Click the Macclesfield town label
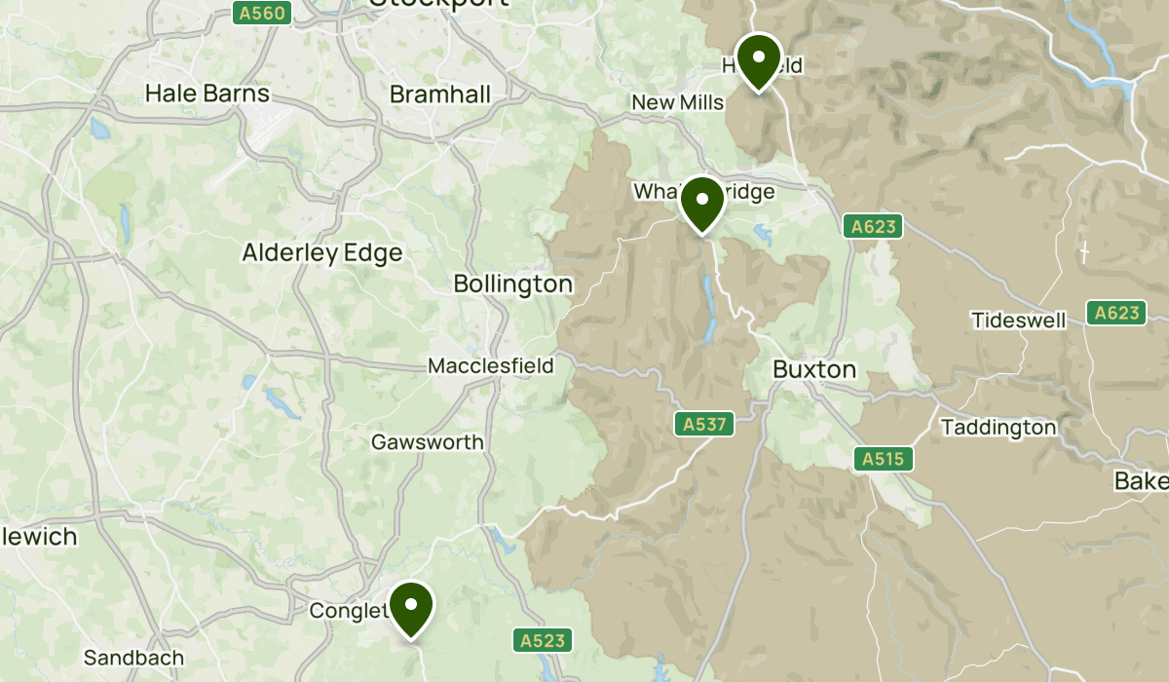click(x=490, y=366)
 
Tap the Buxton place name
click(x=813, y=370)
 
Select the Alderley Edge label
click(x=321, y=253)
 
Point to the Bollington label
click(x=512, y=284)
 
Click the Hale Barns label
click(x=207, y=95)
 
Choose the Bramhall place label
click(x=440, y=95)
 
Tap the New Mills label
click(x=677, y=103)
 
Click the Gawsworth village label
click(x=427, y=442)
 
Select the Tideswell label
click(x=1018, y=320)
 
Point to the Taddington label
click(x=998, y=428)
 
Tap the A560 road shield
click(x=260, y=13)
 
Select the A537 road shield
click(x=703, y=424)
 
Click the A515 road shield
click(x=884, y=459)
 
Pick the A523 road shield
click(x=542, y=640)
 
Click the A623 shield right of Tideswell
click(x=1116, y=313)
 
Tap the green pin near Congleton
click(x=411, y=607)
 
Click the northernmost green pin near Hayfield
click(x=758, y=59)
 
